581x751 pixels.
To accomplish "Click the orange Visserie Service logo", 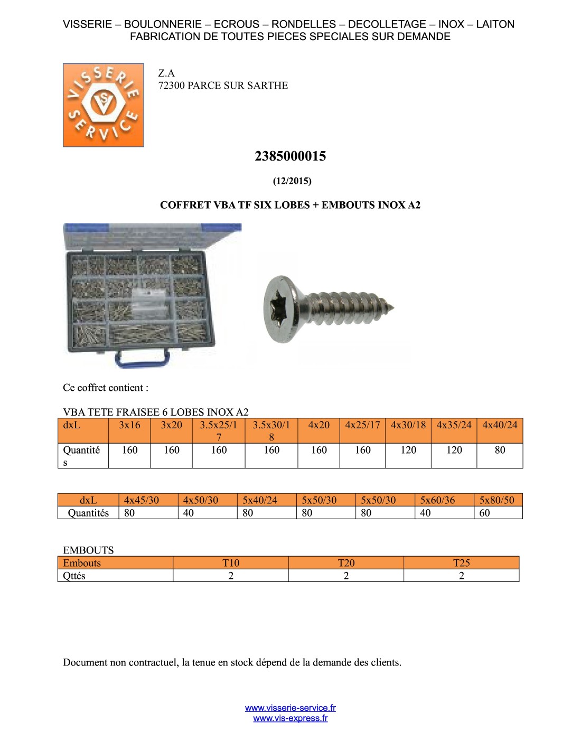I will coord(103,105).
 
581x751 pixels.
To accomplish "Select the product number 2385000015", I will coord(290,156).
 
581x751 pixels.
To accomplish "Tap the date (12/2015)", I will coord(292,181).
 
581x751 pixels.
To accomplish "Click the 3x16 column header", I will coord(129,425).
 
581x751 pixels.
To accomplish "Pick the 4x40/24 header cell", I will coord(500,425).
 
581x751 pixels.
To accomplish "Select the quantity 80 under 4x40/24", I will coord(500,450).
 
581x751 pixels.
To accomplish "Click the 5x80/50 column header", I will coord(496,500).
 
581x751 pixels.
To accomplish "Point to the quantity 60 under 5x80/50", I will coord(484,513).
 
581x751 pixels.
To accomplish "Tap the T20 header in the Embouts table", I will coord(346,563).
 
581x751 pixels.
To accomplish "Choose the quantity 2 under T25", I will coord(461,576).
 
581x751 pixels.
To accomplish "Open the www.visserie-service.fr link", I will coord(290,708).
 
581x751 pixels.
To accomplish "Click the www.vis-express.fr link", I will coord(290,718).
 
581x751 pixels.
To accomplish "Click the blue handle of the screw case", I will coord(143,359).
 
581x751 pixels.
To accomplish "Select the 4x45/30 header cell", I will coord(141,500).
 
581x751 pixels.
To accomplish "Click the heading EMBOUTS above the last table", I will coord(88,550).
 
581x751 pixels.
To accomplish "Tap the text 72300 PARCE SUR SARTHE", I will coord(223,86).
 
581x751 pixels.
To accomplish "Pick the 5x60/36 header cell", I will coord(437,500).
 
